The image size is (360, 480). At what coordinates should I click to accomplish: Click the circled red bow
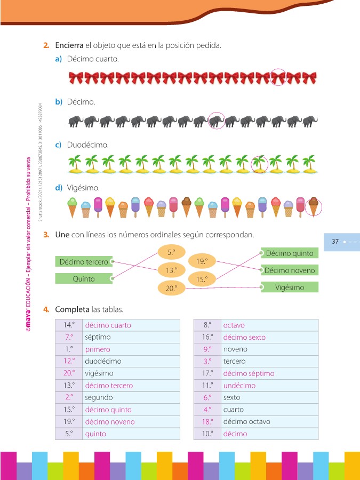coord(278,78)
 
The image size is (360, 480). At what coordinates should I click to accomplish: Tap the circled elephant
coord(216,122)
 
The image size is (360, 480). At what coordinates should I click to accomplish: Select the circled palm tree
coord(259,164)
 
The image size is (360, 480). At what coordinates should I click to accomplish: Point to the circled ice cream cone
coord(314,206)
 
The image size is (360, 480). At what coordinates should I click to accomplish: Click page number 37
coord(335,242)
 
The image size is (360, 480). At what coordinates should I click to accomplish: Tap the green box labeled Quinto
coord(84,278)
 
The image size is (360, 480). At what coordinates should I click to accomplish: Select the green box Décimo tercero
coord(84,262)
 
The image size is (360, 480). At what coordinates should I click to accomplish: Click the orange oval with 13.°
coord(171,270)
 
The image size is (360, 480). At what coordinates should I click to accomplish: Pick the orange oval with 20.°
coord(171,288)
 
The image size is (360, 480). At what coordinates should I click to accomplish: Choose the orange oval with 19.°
coord(202,261)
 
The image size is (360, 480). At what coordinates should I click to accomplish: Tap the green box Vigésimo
coord(290,287)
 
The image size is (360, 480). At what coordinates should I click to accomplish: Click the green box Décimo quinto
coord(290,253)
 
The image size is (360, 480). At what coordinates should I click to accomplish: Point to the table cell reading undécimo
coord(270,385)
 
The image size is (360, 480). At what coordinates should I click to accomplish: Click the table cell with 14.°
coord(68,325)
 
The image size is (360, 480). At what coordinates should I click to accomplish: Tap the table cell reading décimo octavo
coord(270,421)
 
